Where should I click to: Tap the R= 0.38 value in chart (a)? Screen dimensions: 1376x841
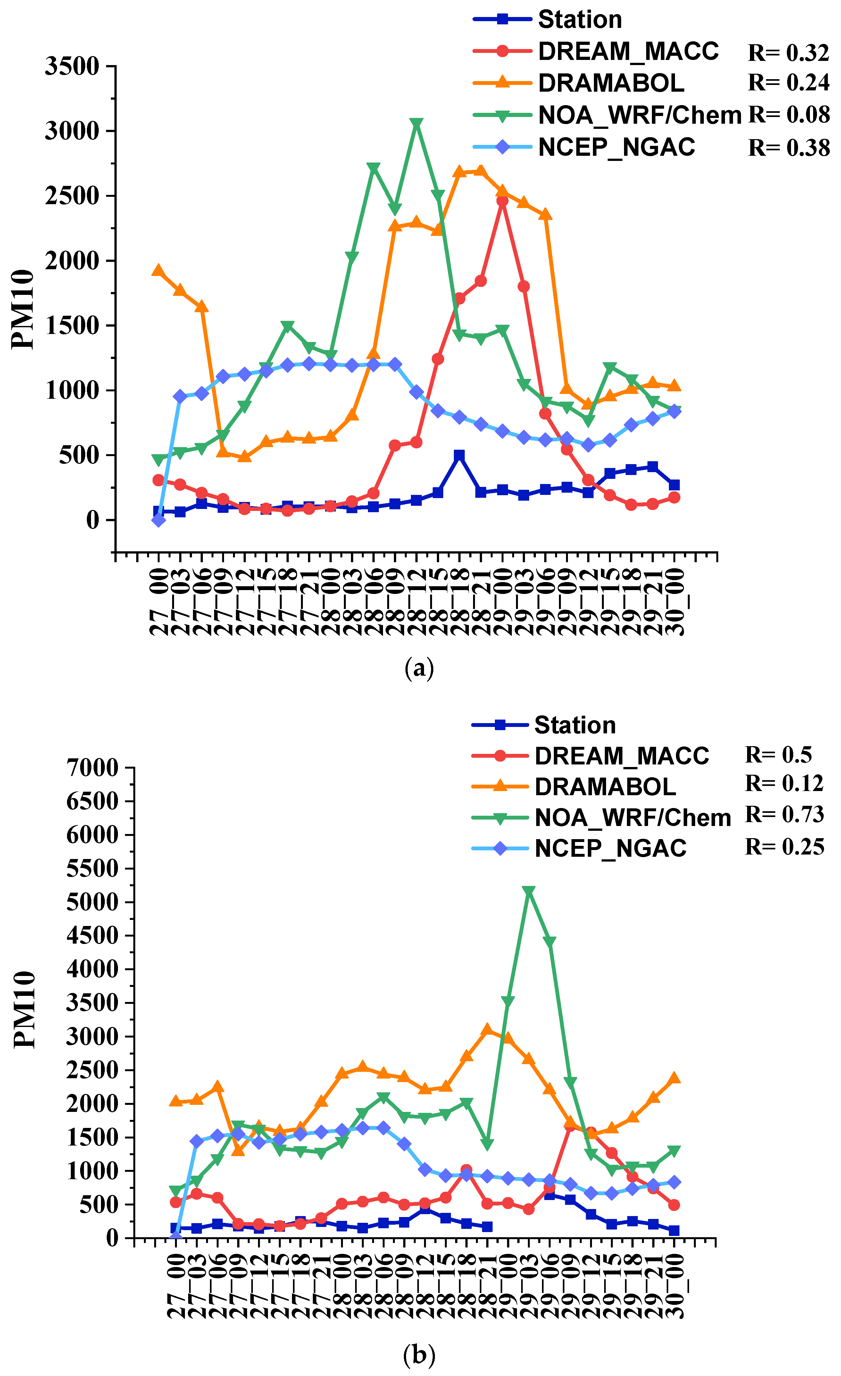tap(788, 147)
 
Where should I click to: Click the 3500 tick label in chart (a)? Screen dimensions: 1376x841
tap(73, 66)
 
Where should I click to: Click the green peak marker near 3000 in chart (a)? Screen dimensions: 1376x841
tap(416, 123)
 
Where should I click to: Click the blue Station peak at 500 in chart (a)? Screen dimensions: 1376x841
tap(459, 455)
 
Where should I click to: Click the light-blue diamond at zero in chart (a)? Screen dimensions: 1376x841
tap(159, 520)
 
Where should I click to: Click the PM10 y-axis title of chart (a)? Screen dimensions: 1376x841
tap(23, 310)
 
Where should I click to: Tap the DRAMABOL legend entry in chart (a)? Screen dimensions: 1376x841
tap(610, 83)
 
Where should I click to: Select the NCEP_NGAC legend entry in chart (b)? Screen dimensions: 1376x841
tap(610, 848)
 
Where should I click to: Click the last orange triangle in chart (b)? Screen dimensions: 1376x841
tap(674, 1078)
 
